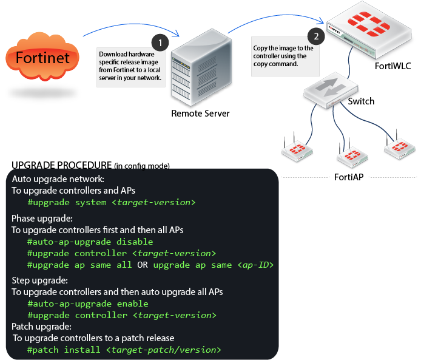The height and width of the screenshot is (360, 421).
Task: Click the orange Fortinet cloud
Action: [42, 58]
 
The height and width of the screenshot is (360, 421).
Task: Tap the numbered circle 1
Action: [160, 42]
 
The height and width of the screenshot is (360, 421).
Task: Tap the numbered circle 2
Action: [315, 35]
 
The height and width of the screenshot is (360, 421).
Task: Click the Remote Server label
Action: [201, 114]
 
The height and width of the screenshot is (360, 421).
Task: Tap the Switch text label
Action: [361, 101]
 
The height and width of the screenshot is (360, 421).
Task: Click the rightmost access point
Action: [399, 148]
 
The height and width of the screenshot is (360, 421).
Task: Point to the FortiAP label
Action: [349, 178]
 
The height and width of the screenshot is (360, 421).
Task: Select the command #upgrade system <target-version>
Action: [112, 202]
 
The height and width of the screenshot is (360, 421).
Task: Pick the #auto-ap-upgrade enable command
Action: [88, 304]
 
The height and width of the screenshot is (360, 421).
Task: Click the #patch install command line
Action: [124, 350]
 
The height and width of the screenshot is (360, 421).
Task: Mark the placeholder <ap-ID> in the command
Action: [256, 265]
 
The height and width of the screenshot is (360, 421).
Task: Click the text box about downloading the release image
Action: [130, 66]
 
